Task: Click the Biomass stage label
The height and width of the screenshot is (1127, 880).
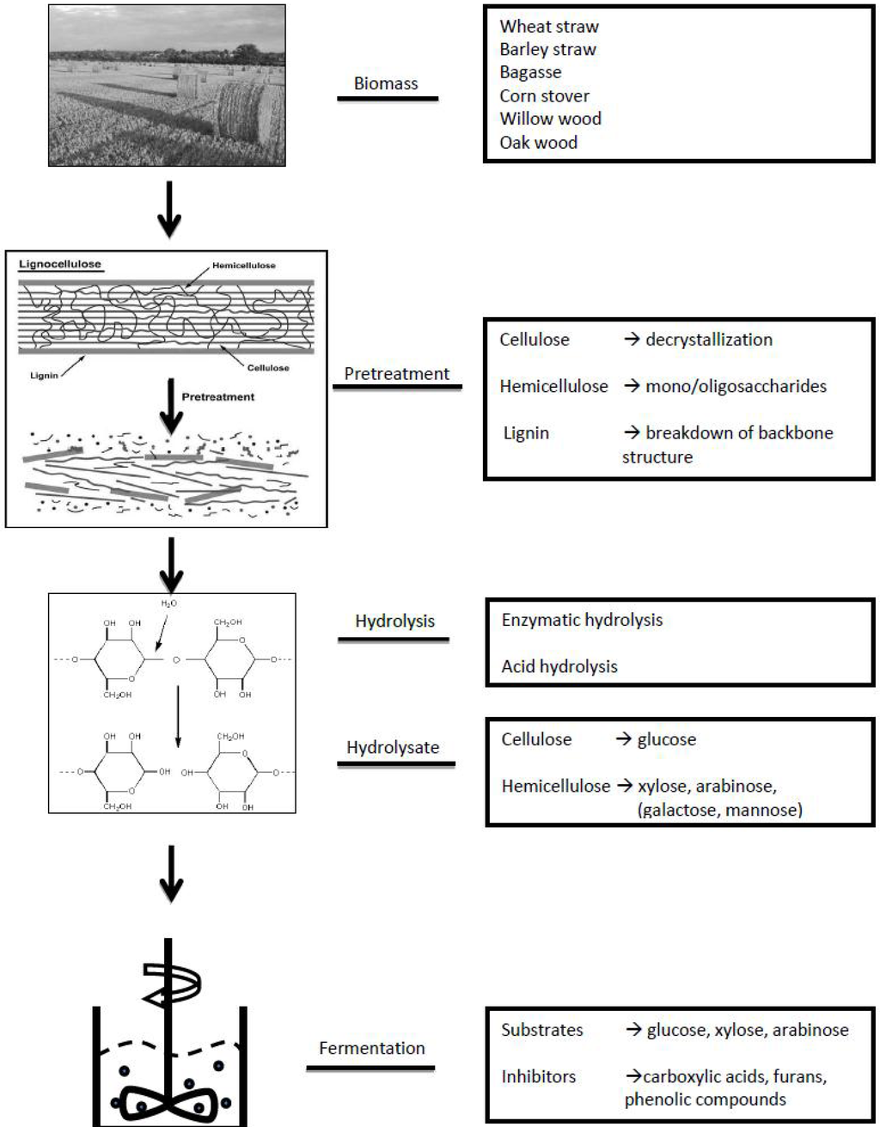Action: (386, 83)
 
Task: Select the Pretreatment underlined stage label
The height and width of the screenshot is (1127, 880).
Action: (396, 374)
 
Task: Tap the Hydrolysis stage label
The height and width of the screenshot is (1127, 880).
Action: (394, 621)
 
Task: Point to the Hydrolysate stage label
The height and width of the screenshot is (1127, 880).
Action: (393, 747)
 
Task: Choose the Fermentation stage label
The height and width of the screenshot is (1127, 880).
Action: (371, 1048)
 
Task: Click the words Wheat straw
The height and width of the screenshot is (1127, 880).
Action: (549, 27)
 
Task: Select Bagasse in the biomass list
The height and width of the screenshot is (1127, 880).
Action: (530, 72)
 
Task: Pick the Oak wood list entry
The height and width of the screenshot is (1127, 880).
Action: (538, 143)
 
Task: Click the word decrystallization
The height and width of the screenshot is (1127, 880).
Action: (708, 340)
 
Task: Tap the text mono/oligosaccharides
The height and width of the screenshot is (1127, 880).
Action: (735, 386)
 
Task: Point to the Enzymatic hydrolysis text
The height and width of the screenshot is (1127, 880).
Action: (582, 620)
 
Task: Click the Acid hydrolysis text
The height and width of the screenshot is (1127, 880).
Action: (559, 666)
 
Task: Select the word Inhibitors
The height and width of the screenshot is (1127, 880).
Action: (538, 1076)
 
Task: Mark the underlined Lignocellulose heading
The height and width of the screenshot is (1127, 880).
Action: (60, 265)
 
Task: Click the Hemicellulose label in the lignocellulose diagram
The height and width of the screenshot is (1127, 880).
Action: (244, 266)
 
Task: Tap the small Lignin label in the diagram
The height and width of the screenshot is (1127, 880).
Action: (44, 376)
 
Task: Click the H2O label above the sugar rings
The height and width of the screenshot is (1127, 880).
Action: (168, 604)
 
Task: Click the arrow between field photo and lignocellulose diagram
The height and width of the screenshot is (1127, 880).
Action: (169, 209)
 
